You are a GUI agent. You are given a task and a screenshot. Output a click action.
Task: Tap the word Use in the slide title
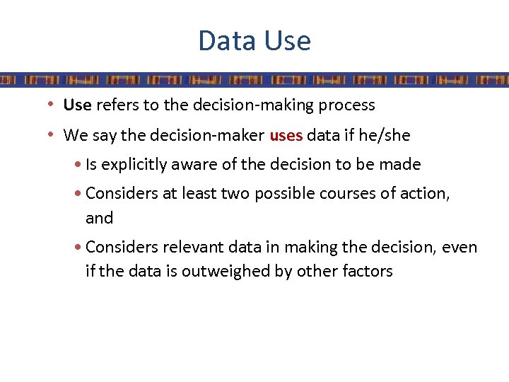point(287,41)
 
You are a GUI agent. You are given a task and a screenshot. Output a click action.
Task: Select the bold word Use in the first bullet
point(77,105)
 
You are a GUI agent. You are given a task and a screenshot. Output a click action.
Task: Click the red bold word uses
point(286,134)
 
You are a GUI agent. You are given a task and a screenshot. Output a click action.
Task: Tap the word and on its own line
point(99,219)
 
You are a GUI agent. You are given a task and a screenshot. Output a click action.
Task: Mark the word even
point(461,248)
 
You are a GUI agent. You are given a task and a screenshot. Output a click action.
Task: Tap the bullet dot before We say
point(52,134)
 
